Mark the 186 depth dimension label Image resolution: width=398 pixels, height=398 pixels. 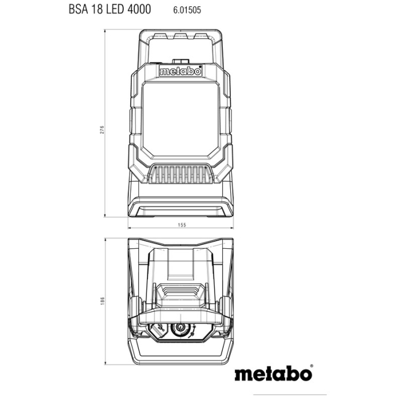coord(102,301)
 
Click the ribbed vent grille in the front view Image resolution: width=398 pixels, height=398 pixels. coord(180,174)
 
